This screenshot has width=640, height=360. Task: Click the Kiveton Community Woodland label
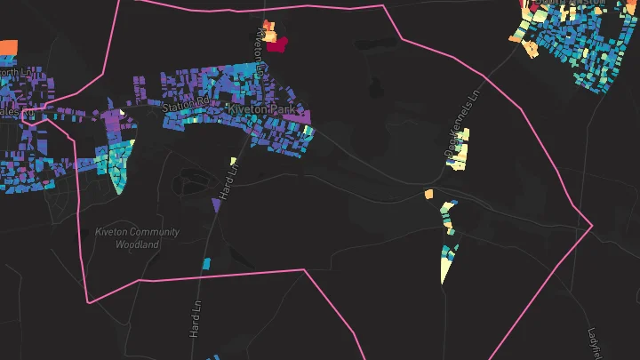(137, 237)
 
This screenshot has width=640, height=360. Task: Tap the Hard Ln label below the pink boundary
(194, 311)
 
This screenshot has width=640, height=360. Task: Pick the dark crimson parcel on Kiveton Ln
(278, 44)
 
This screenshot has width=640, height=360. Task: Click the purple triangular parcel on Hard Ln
(215, 205)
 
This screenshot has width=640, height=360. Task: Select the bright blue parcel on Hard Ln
(206, 263)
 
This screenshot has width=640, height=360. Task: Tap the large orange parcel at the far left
(8, 46)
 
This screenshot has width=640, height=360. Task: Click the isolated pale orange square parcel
(428, 193)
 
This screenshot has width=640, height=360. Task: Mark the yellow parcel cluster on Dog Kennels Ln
(460, 150)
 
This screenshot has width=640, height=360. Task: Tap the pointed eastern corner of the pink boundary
(592, 225)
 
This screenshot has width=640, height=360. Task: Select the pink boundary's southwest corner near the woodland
(87, 302)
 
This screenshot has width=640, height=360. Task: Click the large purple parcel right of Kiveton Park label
(297, 116)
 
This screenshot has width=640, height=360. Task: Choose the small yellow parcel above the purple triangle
(233, 162)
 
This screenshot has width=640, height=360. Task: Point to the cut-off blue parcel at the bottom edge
(213, 357)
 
